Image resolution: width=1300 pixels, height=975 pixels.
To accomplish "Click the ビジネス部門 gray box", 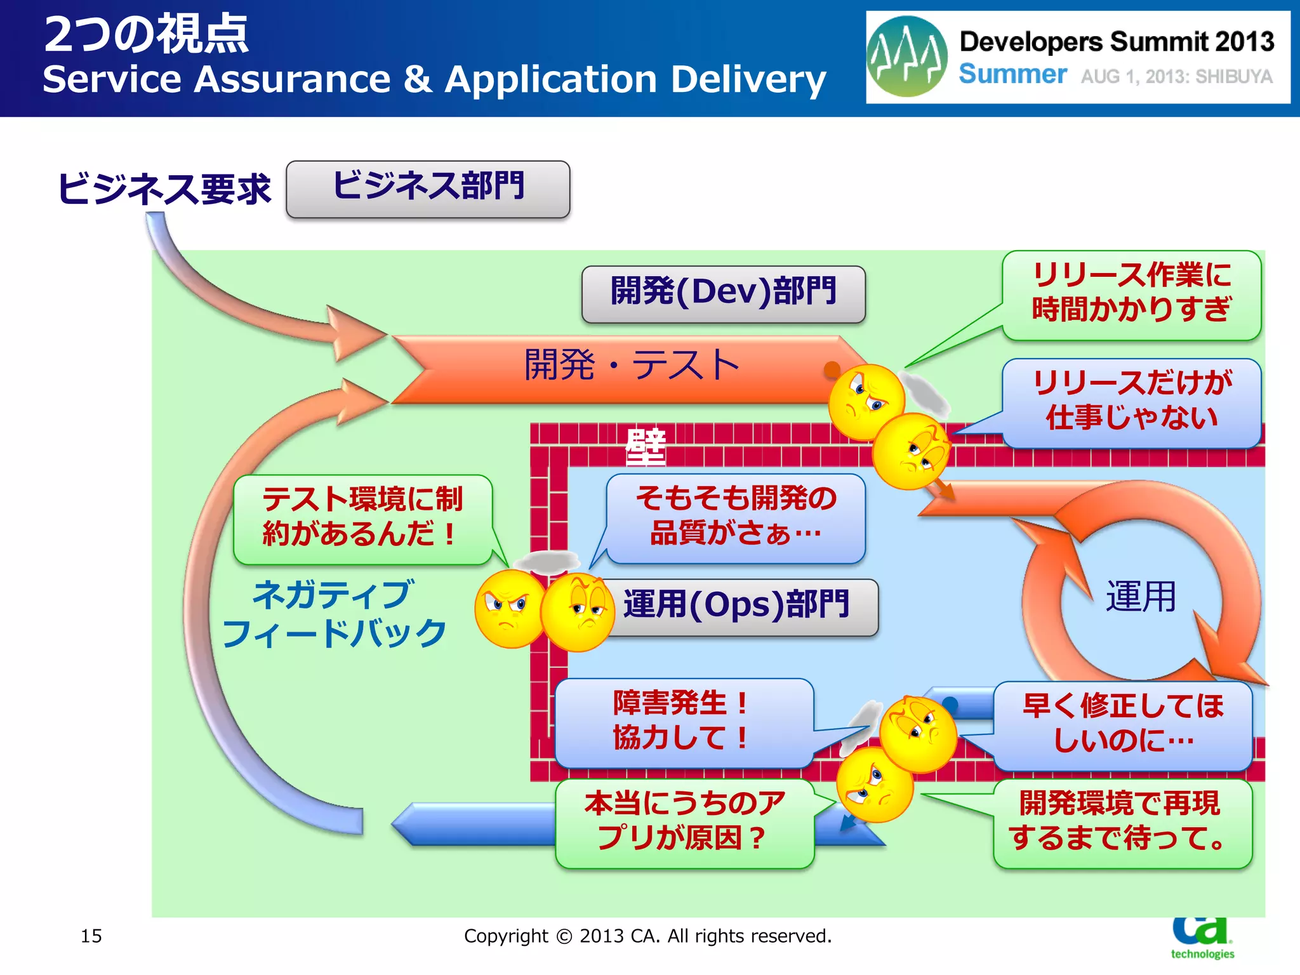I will [428, 189].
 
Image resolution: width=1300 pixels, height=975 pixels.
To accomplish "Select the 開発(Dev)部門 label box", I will [723, 294].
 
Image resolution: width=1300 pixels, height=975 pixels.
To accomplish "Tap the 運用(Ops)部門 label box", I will [736, 607].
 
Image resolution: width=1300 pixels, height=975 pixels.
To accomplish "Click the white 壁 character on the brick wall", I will [646, 447].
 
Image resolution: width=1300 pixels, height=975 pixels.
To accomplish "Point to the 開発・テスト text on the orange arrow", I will [632, 366].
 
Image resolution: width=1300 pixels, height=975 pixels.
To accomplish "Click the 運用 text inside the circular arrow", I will [1141, 597].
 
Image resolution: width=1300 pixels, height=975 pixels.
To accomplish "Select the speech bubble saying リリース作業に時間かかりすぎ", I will [1131, 295].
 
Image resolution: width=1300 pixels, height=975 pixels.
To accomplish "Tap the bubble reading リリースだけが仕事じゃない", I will [1131, 402].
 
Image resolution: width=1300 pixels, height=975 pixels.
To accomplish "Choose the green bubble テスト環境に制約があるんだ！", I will [362, 518].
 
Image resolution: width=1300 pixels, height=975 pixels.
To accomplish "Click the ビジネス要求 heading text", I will [164, 189].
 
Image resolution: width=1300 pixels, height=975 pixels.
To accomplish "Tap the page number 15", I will [91, 936].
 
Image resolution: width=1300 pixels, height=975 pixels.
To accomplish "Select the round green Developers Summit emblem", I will [906, 57].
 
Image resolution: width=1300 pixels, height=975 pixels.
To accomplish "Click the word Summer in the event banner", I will [1012, 75].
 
